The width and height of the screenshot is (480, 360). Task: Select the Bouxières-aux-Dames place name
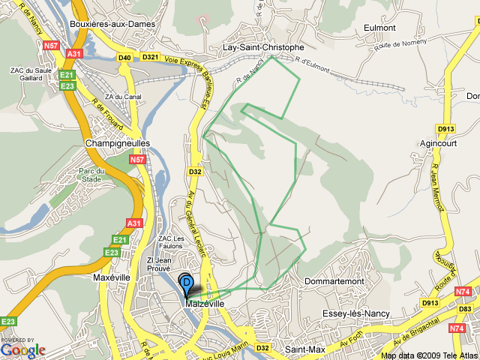[x=112, y=24]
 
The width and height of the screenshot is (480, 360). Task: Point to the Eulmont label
[x=379, y=28]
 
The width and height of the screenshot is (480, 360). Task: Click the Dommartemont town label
[x=334, y=281]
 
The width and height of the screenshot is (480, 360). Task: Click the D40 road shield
[x=124, y=57]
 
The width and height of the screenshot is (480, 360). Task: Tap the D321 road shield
[x=150, y=57]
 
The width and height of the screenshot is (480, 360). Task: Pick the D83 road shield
[x=466, y=309]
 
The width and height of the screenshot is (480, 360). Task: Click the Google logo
[x=22, y=349]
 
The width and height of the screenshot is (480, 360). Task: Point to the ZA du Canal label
[x=124, y=97]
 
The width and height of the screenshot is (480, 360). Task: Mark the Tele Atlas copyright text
[x=428, y=355]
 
